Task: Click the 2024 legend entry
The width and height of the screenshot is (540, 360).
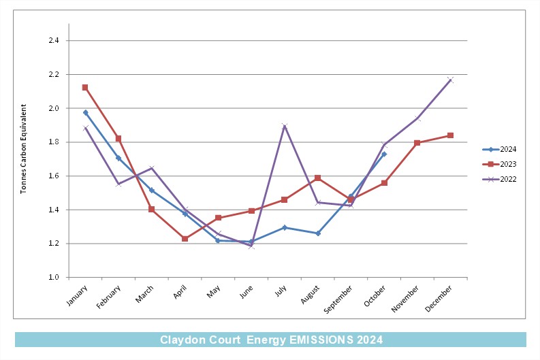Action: (499, 149)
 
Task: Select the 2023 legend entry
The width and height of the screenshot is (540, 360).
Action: (499, 164)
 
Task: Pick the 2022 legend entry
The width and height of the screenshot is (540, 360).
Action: (499, 179)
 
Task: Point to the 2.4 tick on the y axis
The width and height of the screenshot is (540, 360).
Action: (54, 41)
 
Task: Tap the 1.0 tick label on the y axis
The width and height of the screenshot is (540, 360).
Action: (54, 277)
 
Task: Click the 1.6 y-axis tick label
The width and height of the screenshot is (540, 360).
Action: (54, 176)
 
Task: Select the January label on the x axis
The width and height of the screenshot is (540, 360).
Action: (77, 295)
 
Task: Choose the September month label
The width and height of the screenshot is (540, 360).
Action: (338, 299)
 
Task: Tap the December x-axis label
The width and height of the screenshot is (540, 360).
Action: (439, 298)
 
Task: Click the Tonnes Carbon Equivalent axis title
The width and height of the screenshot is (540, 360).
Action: (23, 148)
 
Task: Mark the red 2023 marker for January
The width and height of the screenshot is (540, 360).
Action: (85, 87)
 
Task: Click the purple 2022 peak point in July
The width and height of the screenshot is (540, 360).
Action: (285, 126)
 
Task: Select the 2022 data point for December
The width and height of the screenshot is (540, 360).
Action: (450, 80)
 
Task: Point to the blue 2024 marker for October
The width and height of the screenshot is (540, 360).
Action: (384, 154)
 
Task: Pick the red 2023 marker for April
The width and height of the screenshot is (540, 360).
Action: (185, 238)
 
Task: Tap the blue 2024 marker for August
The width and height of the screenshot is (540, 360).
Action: (318, 233)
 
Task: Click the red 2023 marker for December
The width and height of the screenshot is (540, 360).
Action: (450, 135)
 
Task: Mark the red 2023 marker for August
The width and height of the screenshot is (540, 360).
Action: (317, 178)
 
